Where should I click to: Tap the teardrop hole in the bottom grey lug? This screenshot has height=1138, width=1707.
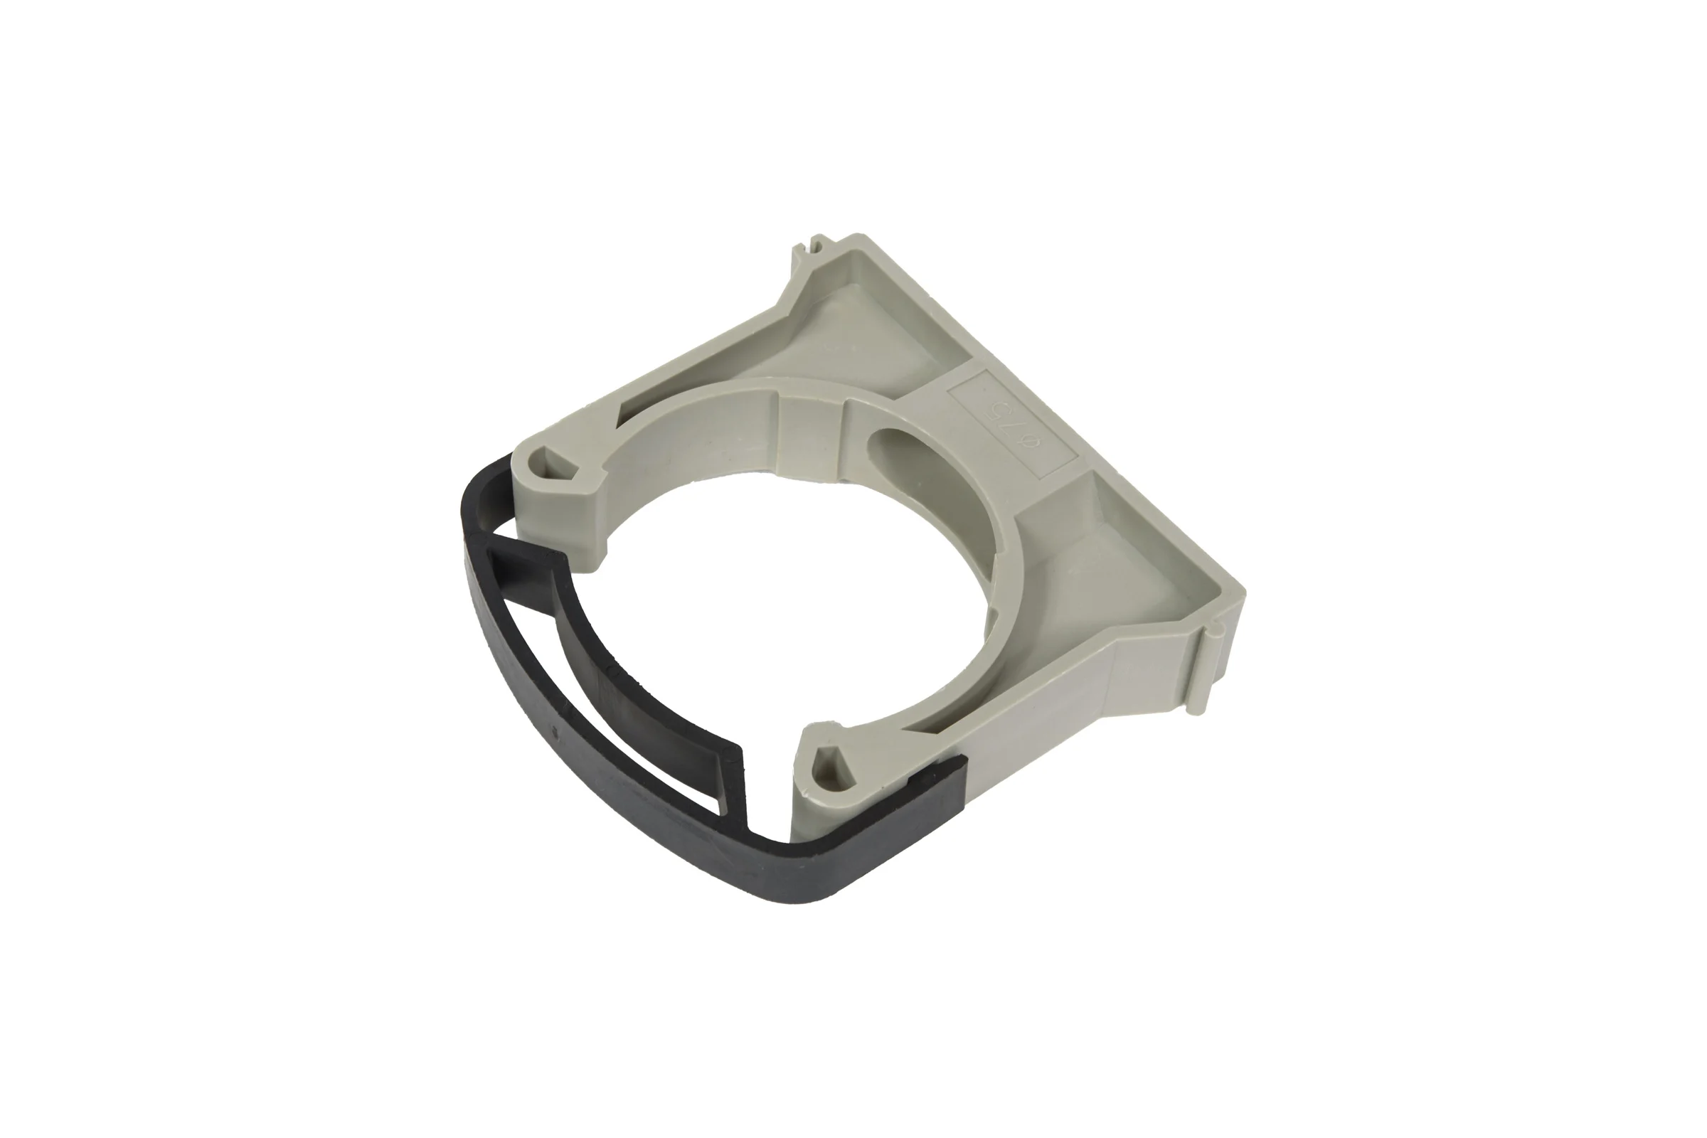coord(830,762)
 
